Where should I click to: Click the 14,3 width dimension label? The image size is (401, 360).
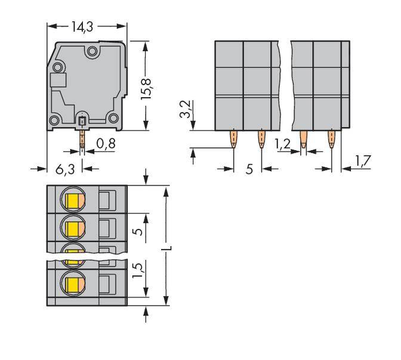[x=86, y=27]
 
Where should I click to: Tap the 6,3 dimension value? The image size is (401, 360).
[x=64, y=169]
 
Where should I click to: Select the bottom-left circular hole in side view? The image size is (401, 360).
[x=54, y=121]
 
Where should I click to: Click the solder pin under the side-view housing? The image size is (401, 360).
[x=82, y=140]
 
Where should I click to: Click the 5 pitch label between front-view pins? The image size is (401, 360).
[x=249, y=169]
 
